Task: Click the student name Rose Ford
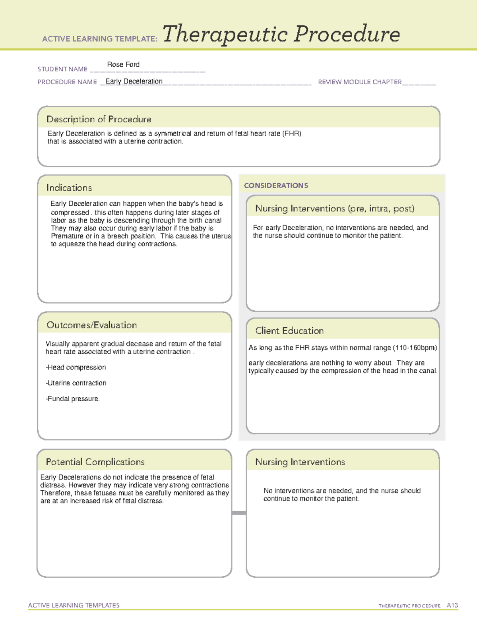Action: click(x=123, y=64)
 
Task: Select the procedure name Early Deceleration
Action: click(x=134, y=81)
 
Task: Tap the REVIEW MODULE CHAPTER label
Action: click(x=360, y=82)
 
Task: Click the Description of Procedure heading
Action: click(x=99, y=119)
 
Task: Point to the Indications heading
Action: click(x=69, y=188)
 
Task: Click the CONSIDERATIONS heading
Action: click(x=276, y=186)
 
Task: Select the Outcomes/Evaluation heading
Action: click(x=92, y=325)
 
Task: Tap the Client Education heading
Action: click(x=289, y=331)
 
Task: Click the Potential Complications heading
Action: click(x=95, y=462)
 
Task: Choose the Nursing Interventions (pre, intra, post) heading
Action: click(x=335, y=209)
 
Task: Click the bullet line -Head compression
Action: click(x=76, y=367)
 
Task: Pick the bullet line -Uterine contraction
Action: click(x=76, y=383)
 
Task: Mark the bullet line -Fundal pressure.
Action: click(x=73, y=399)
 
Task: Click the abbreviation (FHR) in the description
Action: click(x=292, y=133)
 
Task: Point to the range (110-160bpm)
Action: click(x=415, y=348)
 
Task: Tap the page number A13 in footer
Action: click(x=452, y=605)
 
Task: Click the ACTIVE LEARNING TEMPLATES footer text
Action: click(x=74, y=605)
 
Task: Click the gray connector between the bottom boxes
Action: click(x=239, y=513)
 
